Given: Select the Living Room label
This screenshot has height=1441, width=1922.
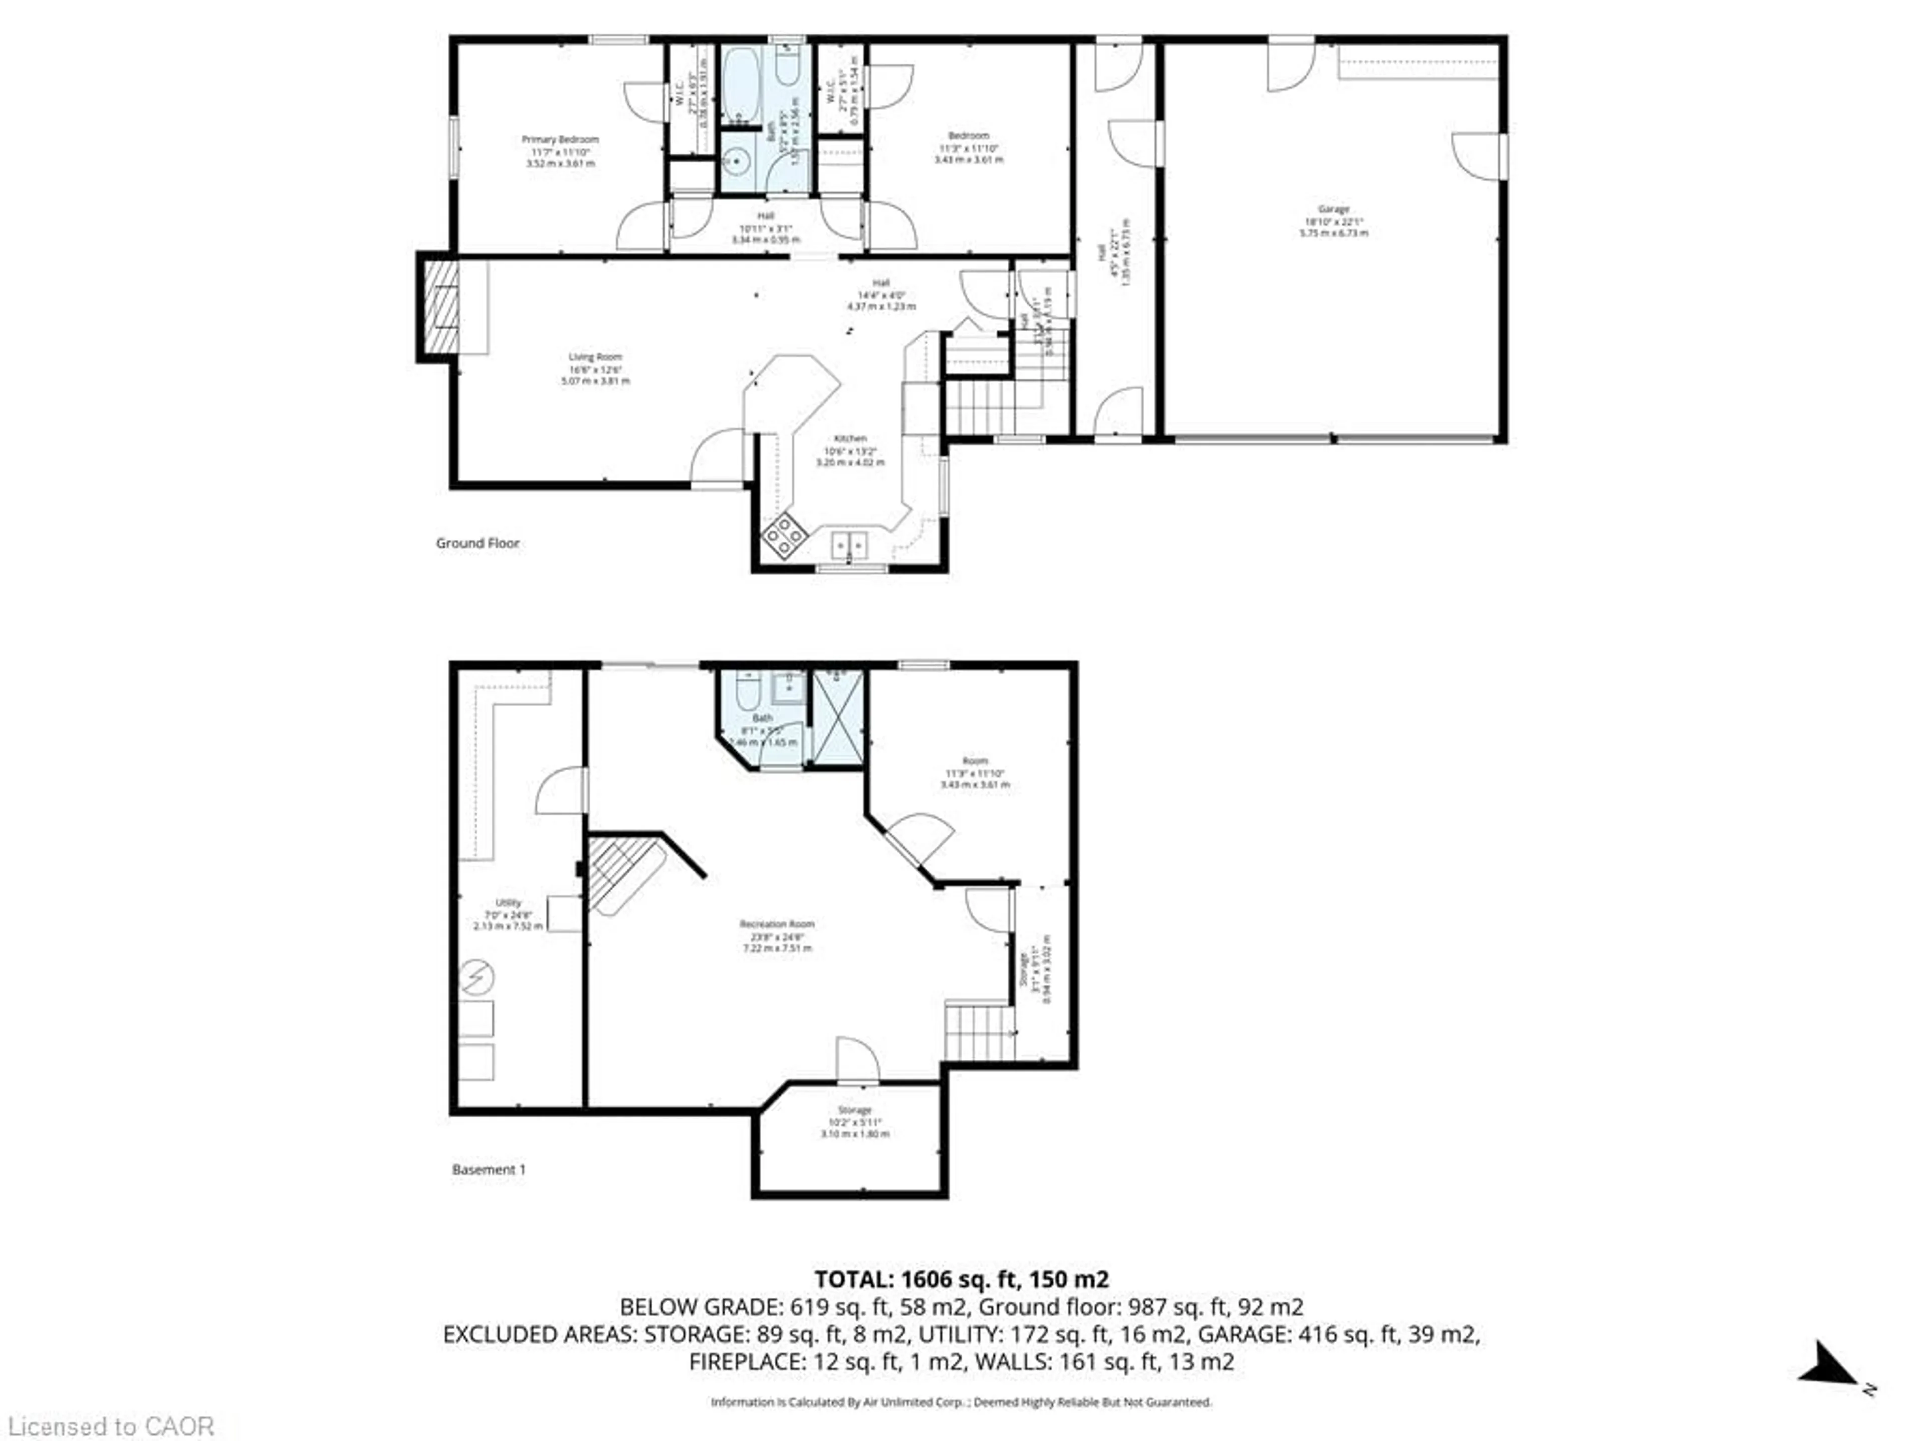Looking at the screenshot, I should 595,357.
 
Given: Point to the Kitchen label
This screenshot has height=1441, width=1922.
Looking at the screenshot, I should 850,439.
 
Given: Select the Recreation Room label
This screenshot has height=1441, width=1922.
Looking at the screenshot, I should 777,924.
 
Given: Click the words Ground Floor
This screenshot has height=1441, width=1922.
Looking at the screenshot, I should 477,543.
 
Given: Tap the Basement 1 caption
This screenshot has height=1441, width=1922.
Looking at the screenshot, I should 489,1169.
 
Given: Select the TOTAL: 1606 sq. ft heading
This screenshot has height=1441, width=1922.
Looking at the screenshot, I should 961,1278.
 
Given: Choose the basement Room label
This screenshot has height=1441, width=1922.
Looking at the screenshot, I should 975,761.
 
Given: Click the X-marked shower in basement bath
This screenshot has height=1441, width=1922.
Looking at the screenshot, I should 837,718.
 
